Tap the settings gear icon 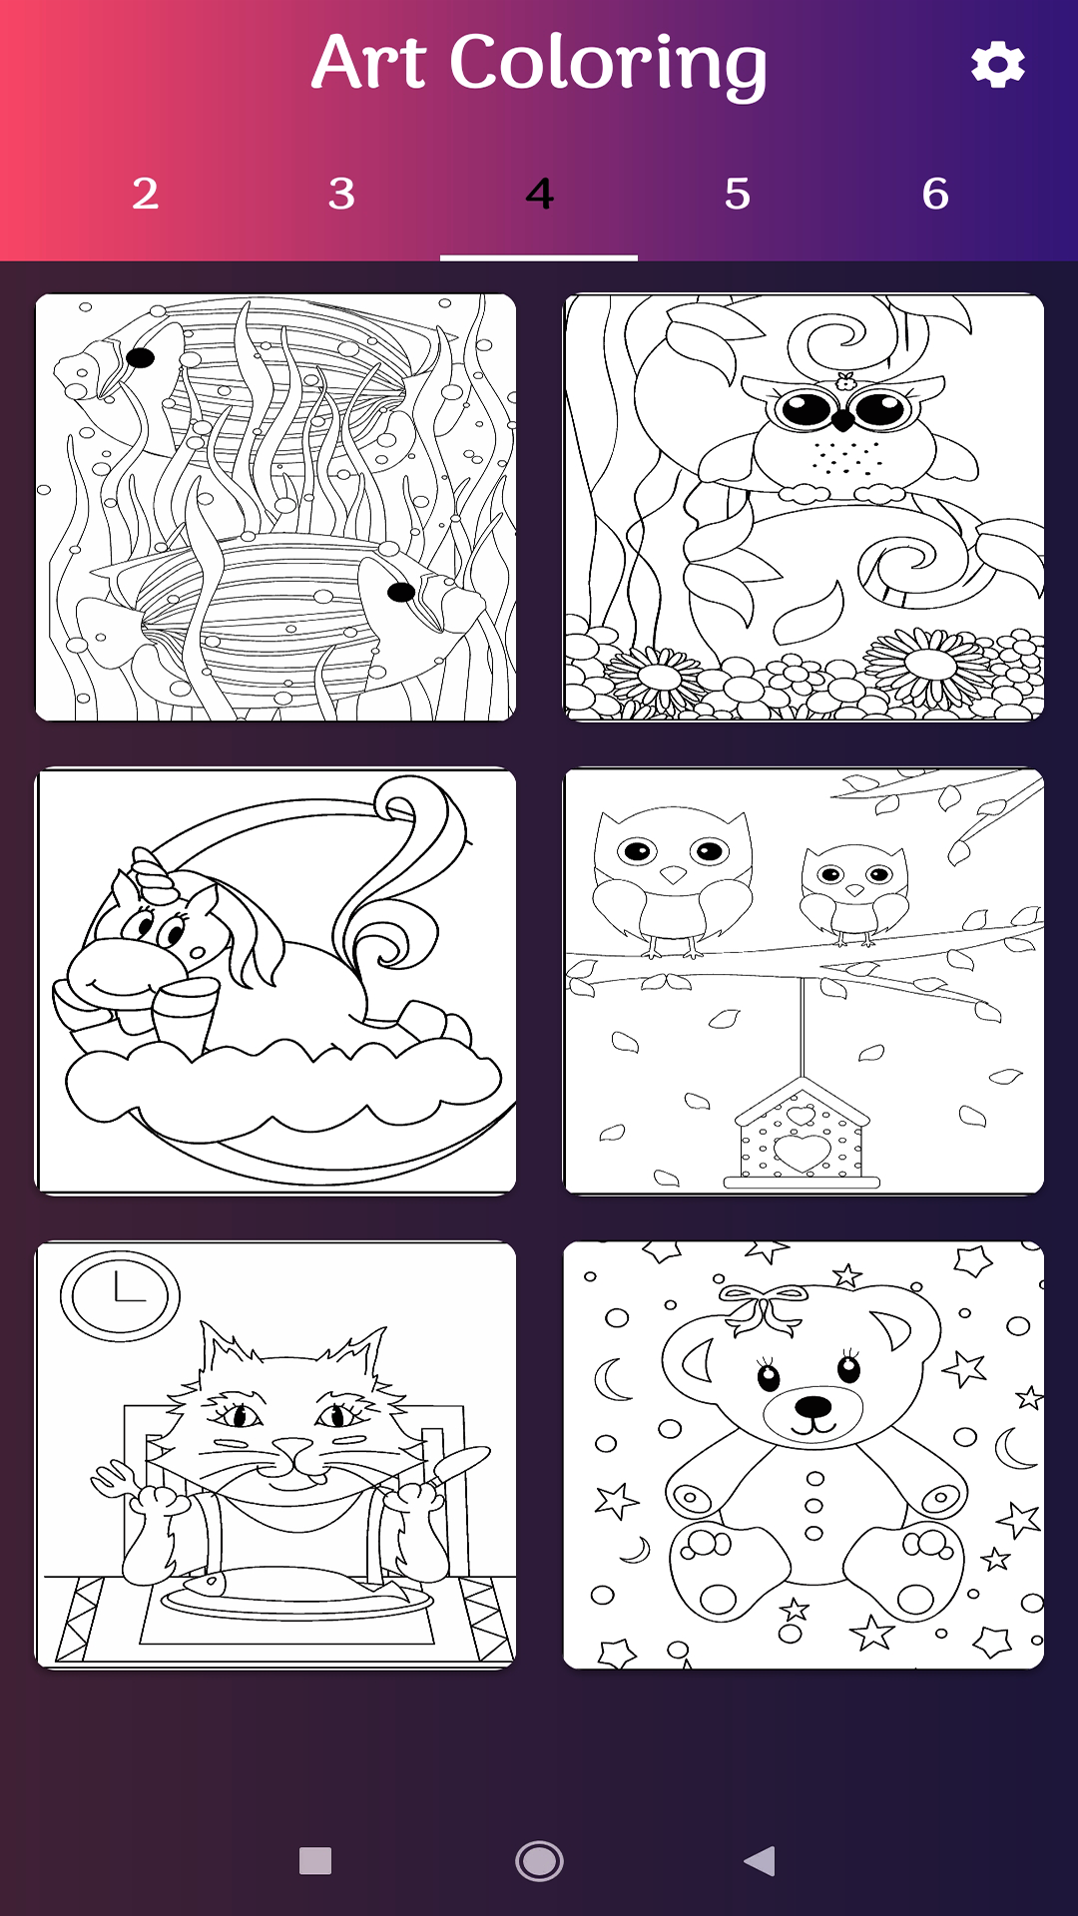(998, 65)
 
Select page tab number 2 (146, 194)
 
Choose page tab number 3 (341, 194)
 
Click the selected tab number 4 (539, 194)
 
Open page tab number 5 (737, 194)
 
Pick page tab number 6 (935, 194)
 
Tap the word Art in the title (369, 62)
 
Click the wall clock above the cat (120, 1295)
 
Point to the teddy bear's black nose (813, 1407)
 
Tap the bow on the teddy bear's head (766, 1307)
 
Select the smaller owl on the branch (855, 894)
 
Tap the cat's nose (293, 1448)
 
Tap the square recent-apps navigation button (315, 1861)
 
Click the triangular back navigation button (760, 1861)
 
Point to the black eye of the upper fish (140, 357)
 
